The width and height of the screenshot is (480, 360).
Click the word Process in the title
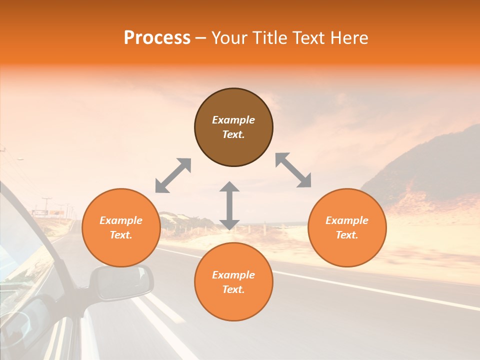[x=157, y=38]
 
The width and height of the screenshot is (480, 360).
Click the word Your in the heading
[x=229, y=38]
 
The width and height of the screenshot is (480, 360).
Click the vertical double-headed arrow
[x=229, y=205]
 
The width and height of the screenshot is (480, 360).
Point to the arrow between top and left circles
[x=173, y=175]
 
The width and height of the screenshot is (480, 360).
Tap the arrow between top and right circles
[x=293, y=170]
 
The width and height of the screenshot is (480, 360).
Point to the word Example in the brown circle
[x=233, y=120]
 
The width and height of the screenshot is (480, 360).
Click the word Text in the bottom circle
[x=233, y=289]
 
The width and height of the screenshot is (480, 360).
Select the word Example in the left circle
[x=121, y=220]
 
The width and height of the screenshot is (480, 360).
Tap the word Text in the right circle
[x=347, y=235]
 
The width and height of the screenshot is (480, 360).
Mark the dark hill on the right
[x=430, y=165]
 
